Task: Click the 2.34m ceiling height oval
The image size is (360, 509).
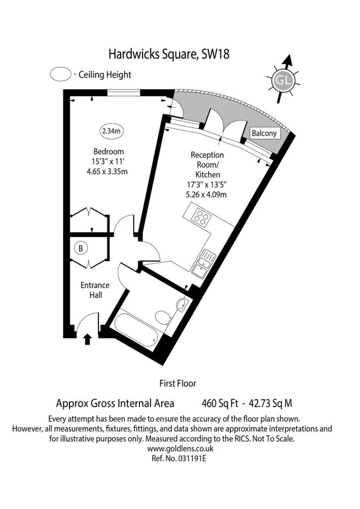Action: pyautogui.click(x=111, y=131)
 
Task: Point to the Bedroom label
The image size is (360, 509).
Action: pyautogui.click(x=108, y=152)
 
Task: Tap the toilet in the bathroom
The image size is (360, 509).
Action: pyautogui.click(x=162, y=317)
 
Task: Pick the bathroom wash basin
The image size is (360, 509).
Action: pyautogui.click(x=181, y=305)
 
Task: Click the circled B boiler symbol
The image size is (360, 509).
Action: pyautogui.click(x=81, y=248)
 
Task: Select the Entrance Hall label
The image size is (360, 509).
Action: pyautogui.click(x=95, y=290)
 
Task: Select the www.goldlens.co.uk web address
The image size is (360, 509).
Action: pyautogui.click(x=179, y=448)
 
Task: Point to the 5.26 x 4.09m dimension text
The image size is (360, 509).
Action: pyautogui.click(x=207, y=195)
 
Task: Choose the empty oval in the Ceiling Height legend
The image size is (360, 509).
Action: pyautogui.click(x=60, y=74)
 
